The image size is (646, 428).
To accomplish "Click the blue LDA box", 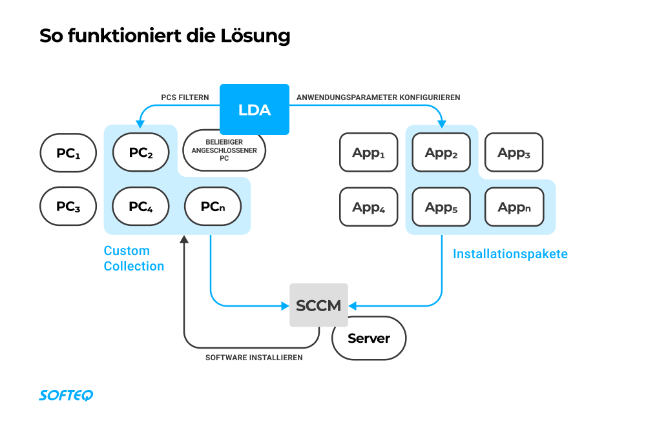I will pyautogui.click(x=254, y=110).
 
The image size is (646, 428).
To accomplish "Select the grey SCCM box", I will pyautogui.click(x=318, y=305).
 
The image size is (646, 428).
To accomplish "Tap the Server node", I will pyautogui.click(x=369, y=338).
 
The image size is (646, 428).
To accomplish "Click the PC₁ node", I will pyautogui.click(x=68, y=153).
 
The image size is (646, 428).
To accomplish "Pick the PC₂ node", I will pyautogui.click(x=141, y=153).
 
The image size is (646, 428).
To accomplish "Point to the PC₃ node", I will pyautogui.click(x=68, y=207).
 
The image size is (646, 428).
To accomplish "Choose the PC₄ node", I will pyautogui.click(x=141, y=207).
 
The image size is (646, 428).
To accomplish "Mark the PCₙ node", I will pyautogui.click(x=213, y=207).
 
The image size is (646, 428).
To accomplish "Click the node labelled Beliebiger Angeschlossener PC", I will pyautogui.click(x=224, y=150).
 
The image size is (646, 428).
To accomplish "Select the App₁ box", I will pyautogui.click(x=369, y=153).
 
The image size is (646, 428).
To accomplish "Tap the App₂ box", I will pyautogui.click(x=441, y=153).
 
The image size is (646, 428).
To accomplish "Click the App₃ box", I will pyautogui.click(x=514, y=153).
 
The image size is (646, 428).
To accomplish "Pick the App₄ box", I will pyautogui.click(x=369, y=207).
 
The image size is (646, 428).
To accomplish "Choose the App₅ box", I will pyautogui.click(x=441, y=207).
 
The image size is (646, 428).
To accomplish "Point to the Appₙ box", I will pyautogui.click(x=514, y=207).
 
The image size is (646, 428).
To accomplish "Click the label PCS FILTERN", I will pyautogui.click(x=185, y=97).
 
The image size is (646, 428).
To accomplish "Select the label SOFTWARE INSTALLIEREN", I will pyautogui.click(x=254, y=357).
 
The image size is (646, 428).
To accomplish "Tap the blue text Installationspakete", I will pyautogui.click(x=510, y=254).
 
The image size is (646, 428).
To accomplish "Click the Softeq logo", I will pyautogui.click(x=66, y=395).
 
